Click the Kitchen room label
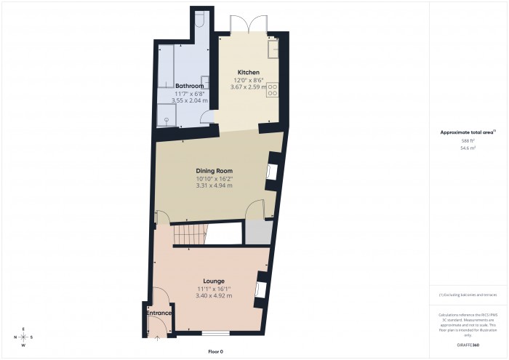(x=248, y=72)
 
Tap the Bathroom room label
(x=190, y=85)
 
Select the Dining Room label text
(x=214, y=170)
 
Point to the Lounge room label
(x=214, y=281)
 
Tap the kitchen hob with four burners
(x=274, y=89)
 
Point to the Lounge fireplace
(x=260, y=288)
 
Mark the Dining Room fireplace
(x=271, y=172)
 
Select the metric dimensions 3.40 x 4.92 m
(x=214, y=296)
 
